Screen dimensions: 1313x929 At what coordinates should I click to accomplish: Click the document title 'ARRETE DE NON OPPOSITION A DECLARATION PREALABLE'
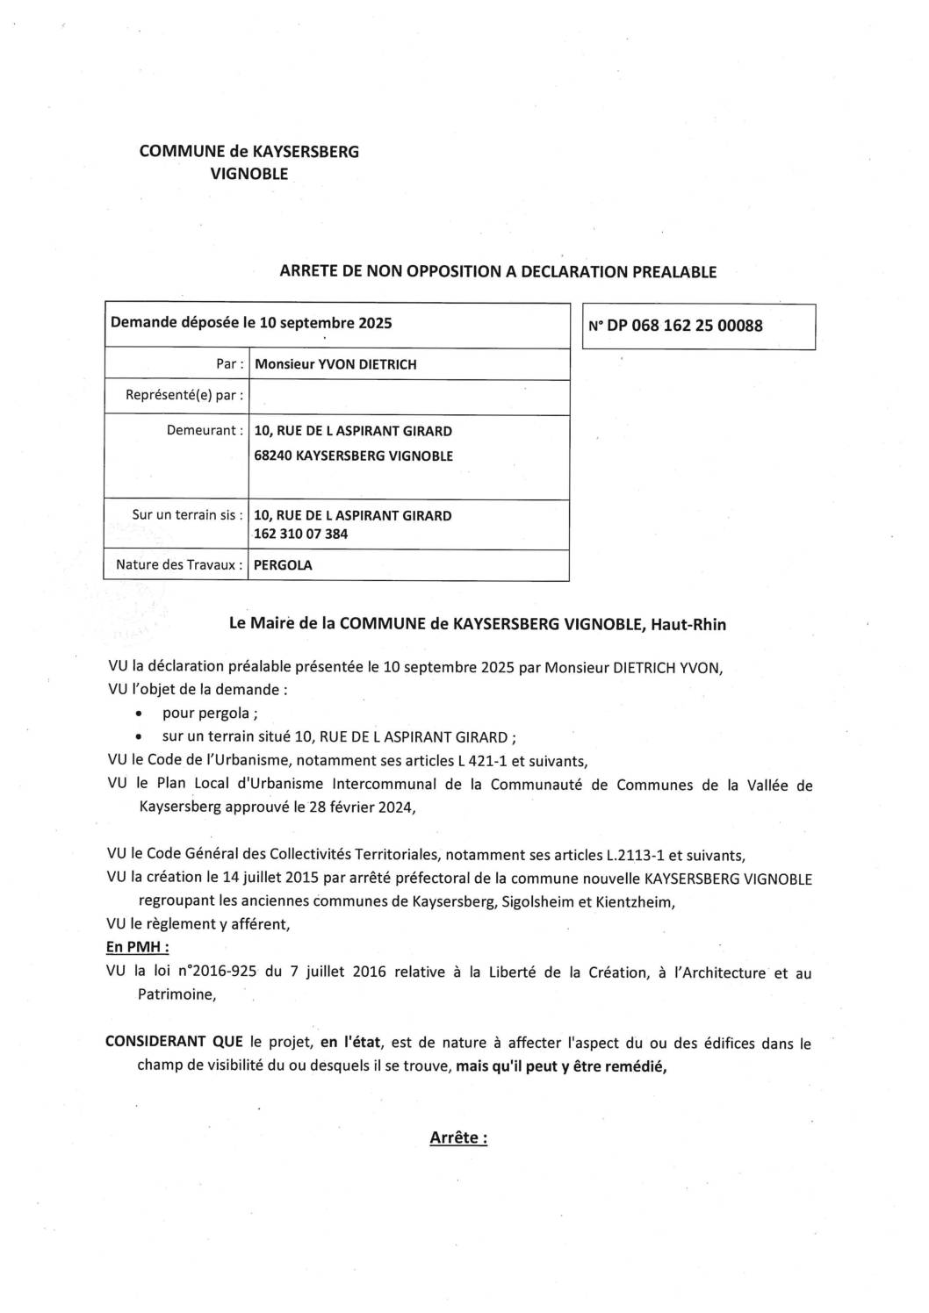click(497, 272)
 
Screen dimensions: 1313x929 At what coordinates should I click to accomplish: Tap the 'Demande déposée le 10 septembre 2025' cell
click(251, 323)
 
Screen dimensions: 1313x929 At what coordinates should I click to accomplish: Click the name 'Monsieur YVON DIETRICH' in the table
click(335, 364)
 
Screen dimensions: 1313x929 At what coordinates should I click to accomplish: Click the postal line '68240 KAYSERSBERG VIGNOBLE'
click(353, 456)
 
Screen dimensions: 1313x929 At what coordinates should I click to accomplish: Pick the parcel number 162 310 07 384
click(300, 534)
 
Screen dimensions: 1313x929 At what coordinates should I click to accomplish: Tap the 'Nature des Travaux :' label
click(179, 565)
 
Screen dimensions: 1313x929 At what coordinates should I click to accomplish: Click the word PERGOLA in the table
click(283, 565)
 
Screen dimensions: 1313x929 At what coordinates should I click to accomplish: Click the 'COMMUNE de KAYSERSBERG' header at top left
click(249, 152)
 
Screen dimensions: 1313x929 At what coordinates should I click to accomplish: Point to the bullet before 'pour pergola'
click(141, 714)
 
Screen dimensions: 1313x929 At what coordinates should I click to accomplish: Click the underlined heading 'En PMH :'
click(138, 948)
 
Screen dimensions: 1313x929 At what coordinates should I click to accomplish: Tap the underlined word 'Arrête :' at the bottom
click(457, 1138)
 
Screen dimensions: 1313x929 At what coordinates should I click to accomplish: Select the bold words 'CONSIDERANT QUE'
click(174, 1044)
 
